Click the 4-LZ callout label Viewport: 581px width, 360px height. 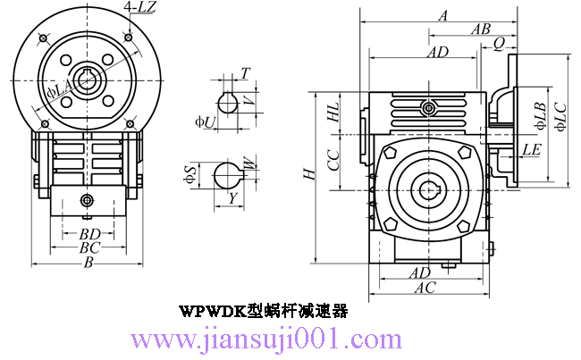coord(142,7)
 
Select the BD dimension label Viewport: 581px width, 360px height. coord(89,234)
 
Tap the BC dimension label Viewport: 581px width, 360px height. coord(89,247)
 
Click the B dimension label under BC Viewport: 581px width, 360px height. coord(88,263)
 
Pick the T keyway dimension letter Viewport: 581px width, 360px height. coord(245,74)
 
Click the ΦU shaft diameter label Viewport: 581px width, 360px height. coord(205,121)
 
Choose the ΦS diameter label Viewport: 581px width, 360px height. coord(189,174)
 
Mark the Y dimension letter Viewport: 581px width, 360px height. coord(232,198)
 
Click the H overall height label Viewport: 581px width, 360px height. coord(310,173)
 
